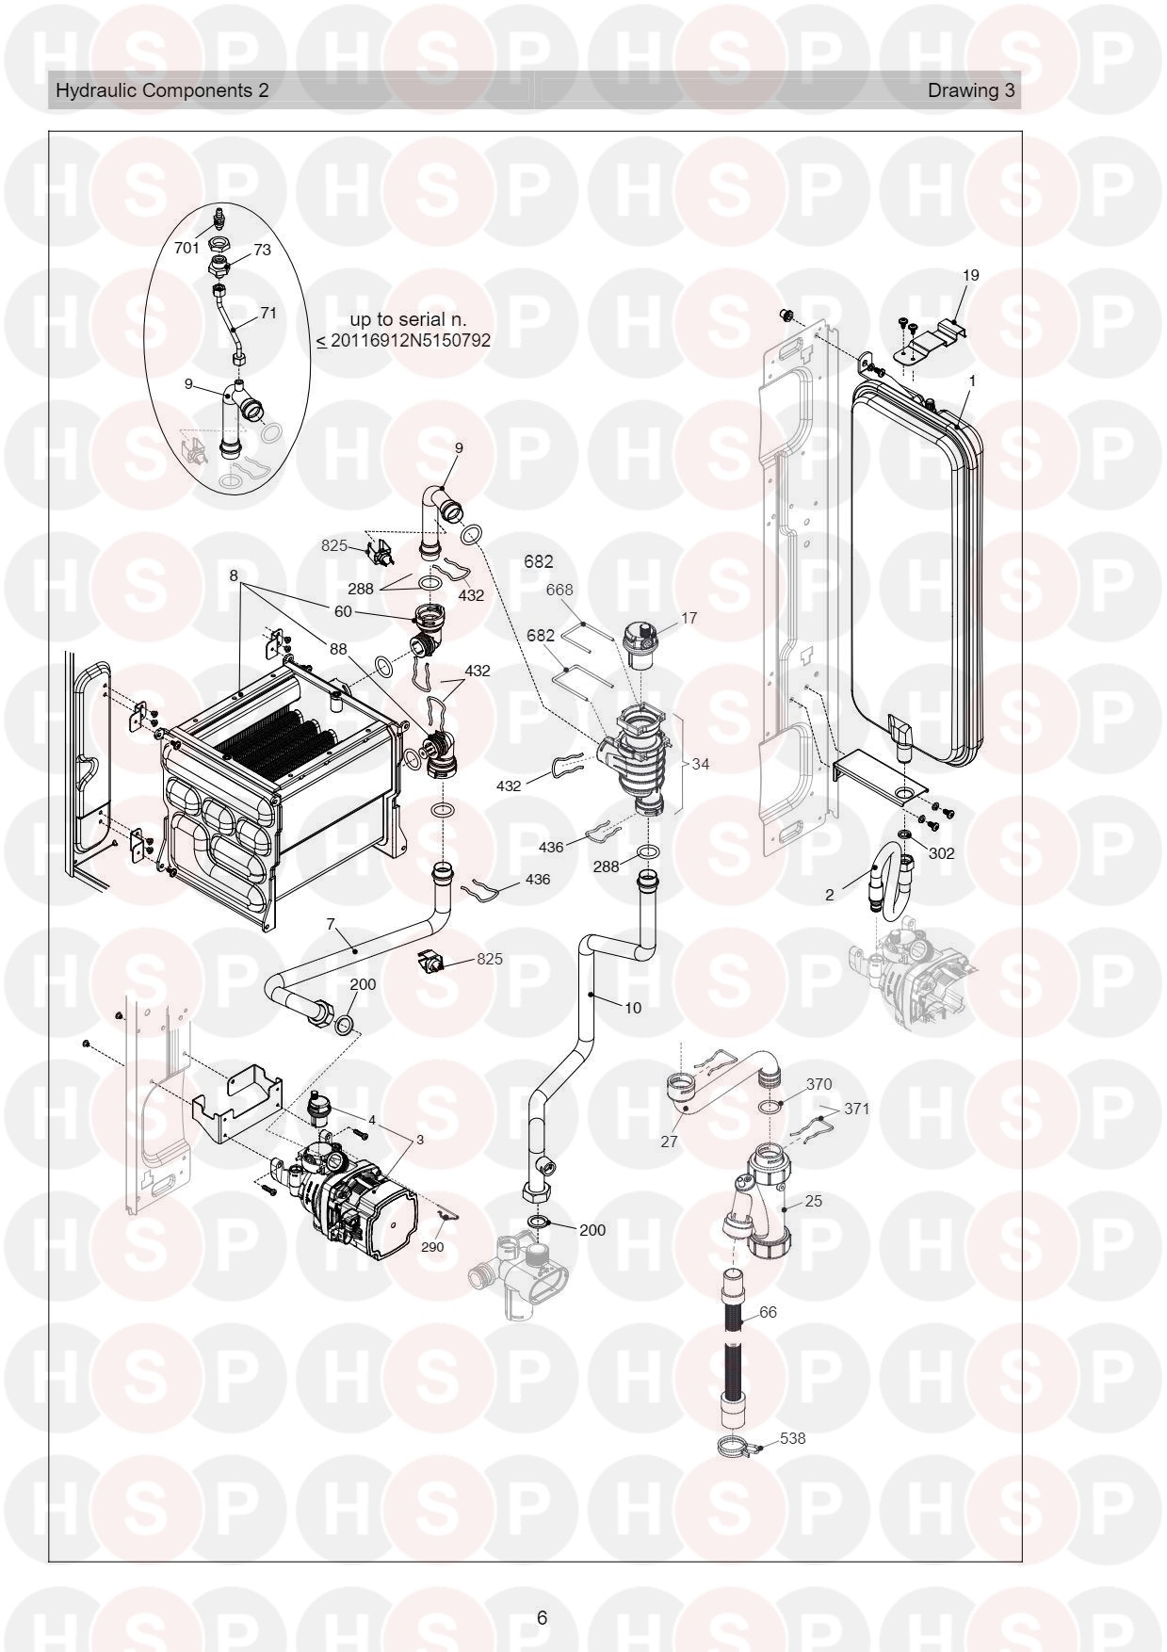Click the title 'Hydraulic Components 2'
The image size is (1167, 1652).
(162, 90)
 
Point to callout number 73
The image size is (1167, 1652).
(262, 250)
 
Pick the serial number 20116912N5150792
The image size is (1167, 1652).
(411, 340)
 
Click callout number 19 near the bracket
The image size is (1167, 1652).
(970, 275)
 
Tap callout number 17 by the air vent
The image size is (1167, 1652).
(689, 618)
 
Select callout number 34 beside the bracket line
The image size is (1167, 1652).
(700, 764)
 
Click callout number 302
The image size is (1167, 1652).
(941, 853)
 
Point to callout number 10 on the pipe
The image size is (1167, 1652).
(633, 1008)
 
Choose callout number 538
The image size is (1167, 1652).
(793, 1439)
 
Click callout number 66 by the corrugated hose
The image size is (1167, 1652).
(768, 1312)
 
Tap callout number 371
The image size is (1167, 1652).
(857, 1109)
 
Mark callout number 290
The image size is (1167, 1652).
(432, 1247)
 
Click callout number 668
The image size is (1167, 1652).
(559, 590)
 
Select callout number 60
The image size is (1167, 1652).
(343, 611)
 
